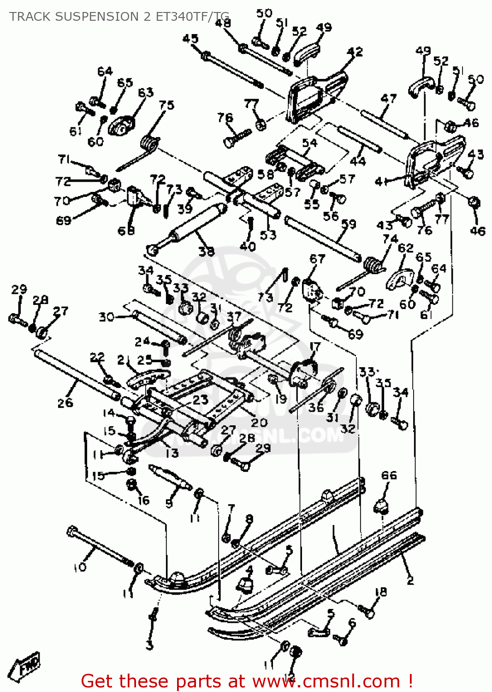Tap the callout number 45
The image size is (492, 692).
pos(190,39)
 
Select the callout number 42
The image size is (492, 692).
pos(355,52)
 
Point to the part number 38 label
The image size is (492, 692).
pos(207,251)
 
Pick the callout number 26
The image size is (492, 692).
pos(65,402)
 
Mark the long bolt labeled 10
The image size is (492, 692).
pos(99,547)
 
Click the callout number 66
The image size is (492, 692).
pos(389,475)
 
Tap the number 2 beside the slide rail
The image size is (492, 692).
pos(410,580)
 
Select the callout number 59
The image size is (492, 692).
pos(349,224)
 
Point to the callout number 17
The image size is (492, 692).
pos(315,346)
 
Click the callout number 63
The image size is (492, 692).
pos(146,92)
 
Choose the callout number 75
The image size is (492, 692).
pos(166,105)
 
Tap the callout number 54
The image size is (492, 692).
pos(309,143)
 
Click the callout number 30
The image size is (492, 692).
pos(107,317)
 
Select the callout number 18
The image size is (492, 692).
pos(381,592)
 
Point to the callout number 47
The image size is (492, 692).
pos(389,98)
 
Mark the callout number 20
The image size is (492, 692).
pos(259,422)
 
